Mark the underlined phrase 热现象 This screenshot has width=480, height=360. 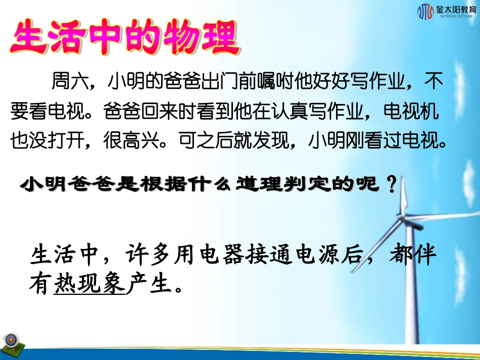tap(89, 285)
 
